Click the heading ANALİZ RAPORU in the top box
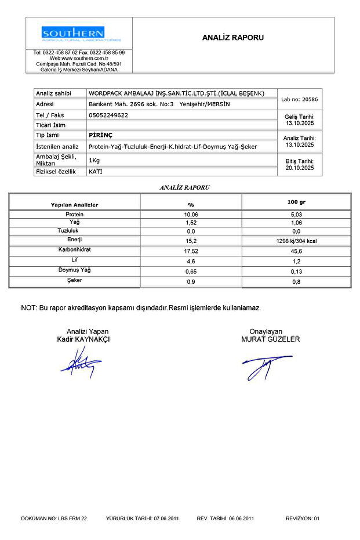233,38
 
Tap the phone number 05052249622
108,115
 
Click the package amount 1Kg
94,160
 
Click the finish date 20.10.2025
300,168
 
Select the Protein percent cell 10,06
191,215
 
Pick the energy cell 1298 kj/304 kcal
296,241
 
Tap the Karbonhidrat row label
75,249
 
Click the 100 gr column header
296,202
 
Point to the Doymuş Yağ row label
75,270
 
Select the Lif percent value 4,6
191,262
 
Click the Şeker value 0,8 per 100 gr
296,282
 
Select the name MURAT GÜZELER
270,339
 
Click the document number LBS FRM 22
72,518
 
